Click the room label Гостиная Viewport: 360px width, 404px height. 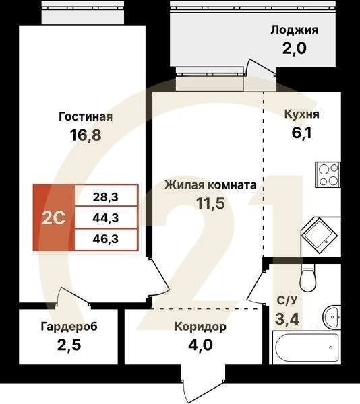pyautogui.click(x=85, y=116)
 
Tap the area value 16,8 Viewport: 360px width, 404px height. pyautogui.click(x=85, y=135)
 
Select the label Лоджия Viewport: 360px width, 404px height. pyautogui.click(x=294, y=30)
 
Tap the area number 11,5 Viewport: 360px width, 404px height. pyautogui.click(x=210, y=204)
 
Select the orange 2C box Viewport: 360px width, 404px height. pyautogui.click(x=54, y=218)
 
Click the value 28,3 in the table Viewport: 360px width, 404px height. pyautogui.click(x=105, y=197)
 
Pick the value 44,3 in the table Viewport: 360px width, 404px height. pyautogui.click(x=105, y=217)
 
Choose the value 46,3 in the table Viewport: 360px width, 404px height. pyautogui.click(x=105, y=238)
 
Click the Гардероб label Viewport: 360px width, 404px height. pyautogui.click(x=69, y=327)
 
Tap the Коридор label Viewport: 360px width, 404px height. pyautogui.click(x=200, y=327)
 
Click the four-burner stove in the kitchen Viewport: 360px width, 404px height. pyautogui.click(x=328, y=175)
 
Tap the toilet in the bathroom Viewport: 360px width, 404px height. pyautogui.click(x=308, y=277)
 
